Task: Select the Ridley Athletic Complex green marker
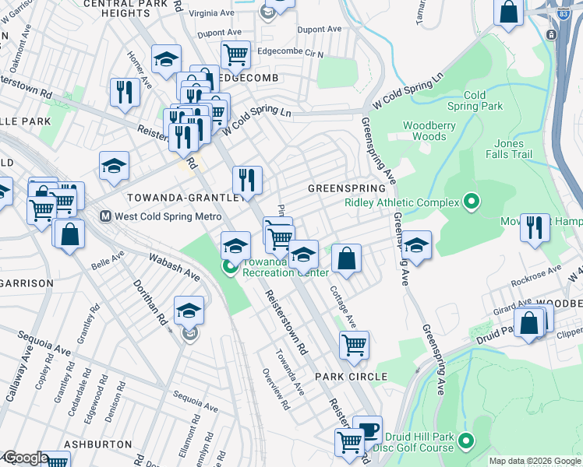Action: (x=471, y=203)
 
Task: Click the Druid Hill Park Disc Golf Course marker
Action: (x=466, y=441)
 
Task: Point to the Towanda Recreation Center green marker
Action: (x=229, y=268)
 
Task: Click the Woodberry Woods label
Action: (x=424, y=131)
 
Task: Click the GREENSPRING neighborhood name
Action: (x=347, y=188)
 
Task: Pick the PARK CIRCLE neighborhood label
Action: (x=351, y=377)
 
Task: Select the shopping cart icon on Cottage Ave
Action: (x=354, y=343)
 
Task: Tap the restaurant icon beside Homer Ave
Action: (x=125, y=91)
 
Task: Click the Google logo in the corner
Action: (x=25, y=458)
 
